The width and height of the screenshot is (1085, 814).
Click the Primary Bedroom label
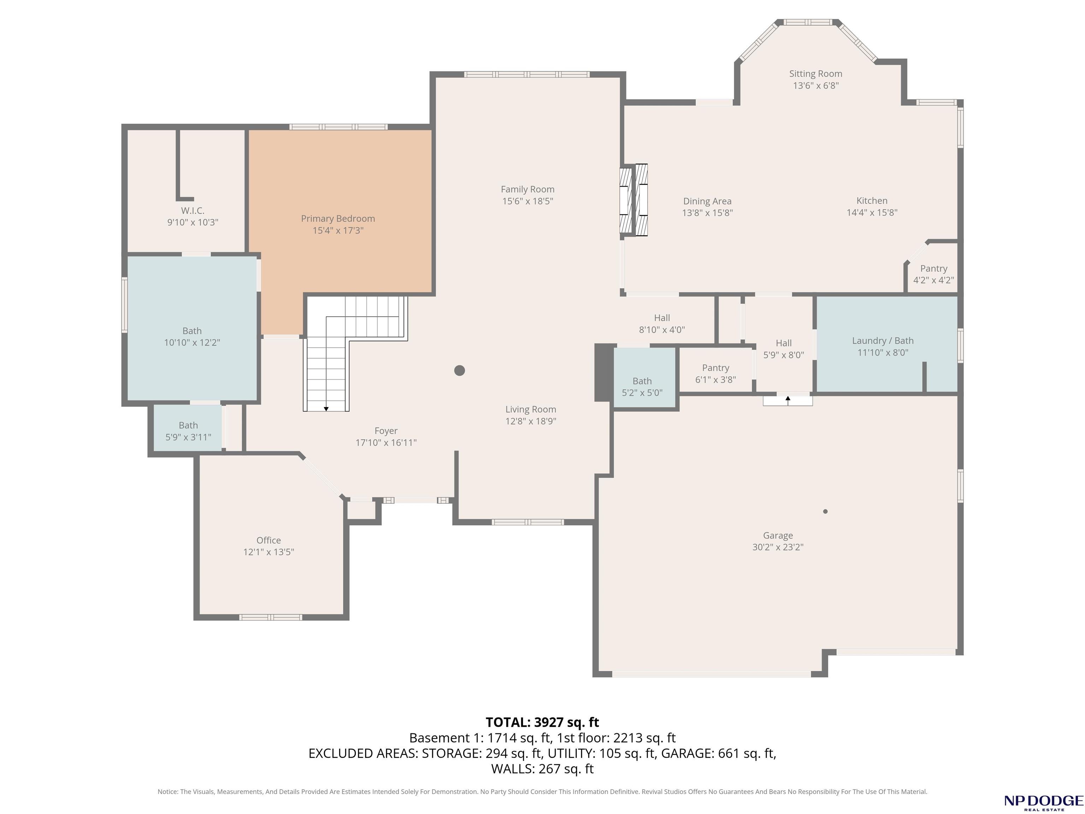[338, 218]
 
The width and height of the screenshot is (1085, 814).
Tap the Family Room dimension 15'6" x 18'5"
[528, 201]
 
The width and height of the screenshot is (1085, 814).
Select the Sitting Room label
[816, 73]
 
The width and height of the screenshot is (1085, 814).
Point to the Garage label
[778, 535]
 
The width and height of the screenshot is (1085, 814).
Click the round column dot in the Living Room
[460, 371]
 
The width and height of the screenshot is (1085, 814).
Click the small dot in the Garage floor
[825, 511]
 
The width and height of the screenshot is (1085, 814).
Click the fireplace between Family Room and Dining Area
[634, 200]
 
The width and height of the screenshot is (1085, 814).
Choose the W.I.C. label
[193, 211]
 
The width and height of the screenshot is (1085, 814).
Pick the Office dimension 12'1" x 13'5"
[269, 552]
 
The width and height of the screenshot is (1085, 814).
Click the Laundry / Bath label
[883, 341]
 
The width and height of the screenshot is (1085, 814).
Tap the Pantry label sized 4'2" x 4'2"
[933, 269]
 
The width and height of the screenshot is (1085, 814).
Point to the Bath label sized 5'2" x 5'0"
[642, 381]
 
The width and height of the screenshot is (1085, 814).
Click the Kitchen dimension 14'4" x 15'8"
[872, 212]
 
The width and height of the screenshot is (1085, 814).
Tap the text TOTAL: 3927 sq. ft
[542, 722]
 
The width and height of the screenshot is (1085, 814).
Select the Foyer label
[386, 431]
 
